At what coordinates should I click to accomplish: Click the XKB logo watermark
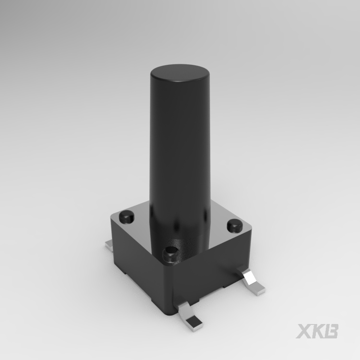point(317,331)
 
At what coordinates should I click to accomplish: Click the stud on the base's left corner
point(127,216)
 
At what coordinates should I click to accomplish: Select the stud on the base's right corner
point(235,226)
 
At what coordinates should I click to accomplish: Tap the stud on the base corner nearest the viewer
point(170,255)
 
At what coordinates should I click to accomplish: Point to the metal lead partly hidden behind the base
point(108,245)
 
